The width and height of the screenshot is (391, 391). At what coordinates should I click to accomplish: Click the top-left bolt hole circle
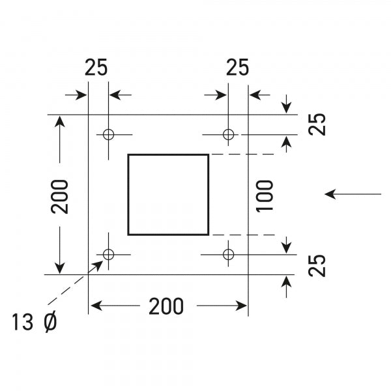109,134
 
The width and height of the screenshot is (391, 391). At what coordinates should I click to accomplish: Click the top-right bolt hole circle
228,134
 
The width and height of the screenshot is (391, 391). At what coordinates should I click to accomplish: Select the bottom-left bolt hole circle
109,253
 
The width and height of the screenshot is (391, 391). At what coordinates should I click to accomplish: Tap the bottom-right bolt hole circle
228,253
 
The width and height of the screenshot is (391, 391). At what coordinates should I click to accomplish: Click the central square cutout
168,194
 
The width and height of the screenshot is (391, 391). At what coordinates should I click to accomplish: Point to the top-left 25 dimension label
96,68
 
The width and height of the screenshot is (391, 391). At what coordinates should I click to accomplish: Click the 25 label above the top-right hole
237,68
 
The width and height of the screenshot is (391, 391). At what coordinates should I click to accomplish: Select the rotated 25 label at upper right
317,124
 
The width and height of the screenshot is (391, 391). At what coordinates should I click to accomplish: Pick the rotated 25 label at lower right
317,266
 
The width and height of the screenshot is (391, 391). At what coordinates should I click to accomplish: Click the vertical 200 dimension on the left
60,195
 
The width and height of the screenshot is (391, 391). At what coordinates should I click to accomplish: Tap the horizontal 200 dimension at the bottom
166,306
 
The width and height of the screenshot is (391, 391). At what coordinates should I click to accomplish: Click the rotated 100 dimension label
265,195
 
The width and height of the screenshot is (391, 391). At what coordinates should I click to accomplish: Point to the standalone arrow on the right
353,194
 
